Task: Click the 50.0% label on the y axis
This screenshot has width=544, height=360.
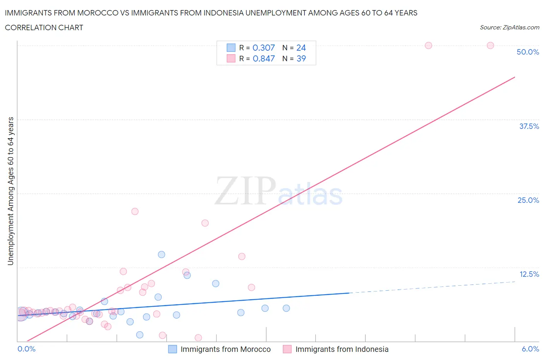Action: [x=528, y=52]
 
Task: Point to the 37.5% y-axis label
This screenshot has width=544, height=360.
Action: [x=529, y=126]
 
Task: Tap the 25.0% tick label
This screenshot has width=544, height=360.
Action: [x=528, y=200]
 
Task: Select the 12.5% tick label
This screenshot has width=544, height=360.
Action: [x=529, y=274]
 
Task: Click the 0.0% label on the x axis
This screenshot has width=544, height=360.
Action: [x=26, y=349]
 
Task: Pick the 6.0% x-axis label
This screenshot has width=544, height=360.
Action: [x=530, y=349]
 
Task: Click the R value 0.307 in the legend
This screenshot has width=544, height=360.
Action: [x=263, y=48]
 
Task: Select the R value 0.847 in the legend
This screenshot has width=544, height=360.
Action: [x=263, y=58]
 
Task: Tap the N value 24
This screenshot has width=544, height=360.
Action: [x=301, y=48]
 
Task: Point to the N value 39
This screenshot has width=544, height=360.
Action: [x=301, y=58]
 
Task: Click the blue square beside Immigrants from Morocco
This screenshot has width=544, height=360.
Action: [x=173, y=349]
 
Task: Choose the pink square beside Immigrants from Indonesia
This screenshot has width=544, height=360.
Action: [x=287, y=349]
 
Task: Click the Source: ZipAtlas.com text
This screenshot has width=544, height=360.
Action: [x=509, y=27]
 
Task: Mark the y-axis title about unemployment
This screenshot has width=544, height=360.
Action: [x=10, y=191]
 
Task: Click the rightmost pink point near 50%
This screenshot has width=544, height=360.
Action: [x=490, y=45]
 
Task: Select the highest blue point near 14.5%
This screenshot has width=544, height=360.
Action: [x=161, y=254]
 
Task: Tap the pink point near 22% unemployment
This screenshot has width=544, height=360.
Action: [x=135, y=211]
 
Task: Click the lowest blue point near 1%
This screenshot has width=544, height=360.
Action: [x=140, y=335]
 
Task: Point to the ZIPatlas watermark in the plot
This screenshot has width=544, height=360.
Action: [x=279, y=191]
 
